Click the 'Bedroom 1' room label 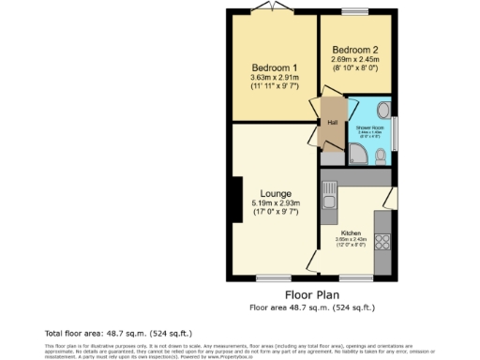(x=275, y=68)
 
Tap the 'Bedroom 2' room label (x=354, y=49)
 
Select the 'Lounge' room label (x=276, y=193)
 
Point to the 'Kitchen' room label (x=352, y=232)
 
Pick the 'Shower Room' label (x=369, y=127)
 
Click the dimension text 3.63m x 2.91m (x=275, y=80)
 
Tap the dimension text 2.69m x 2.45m (x=354, y=59)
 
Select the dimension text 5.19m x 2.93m (x=276, y=203)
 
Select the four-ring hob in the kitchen (x=382, y=241)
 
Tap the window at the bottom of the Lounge (x=275, y=277)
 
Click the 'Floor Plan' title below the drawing (x=311, y=293)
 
